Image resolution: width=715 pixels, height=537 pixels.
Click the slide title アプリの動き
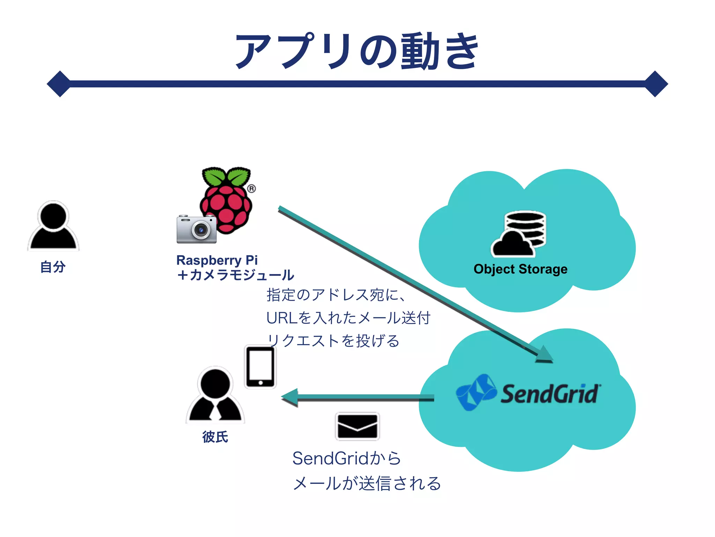tap(357, 52)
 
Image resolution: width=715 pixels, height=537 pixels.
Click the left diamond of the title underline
tap(60, 84)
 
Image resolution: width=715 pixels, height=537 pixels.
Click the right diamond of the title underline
tap(656, 84)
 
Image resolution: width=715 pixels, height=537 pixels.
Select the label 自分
tap(53, 267)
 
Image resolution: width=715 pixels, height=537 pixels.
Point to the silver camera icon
tap(197, 229)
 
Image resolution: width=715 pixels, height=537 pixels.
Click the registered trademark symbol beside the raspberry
tap(251, 189)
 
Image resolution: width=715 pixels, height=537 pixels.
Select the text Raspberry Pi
tap(217, 260)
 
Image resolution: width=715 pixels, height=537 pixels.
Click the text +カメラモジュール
tap(235, 275)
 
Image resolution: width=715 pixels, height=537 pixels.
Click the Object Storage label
tap(520, 269)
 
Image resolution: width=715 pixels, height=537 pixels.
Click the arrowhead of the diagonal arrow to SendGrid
tap(544, 355)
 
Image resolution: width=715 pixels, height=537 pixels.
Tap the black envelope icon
tap(357, 426)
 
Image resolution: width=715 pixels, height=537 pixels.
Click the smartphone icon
tap(260, 367)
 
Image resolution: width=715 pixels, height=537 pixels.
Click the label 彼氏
tap(215, 437)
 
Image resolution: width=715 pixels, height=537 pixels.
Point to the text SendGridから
tap(346, 458)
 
